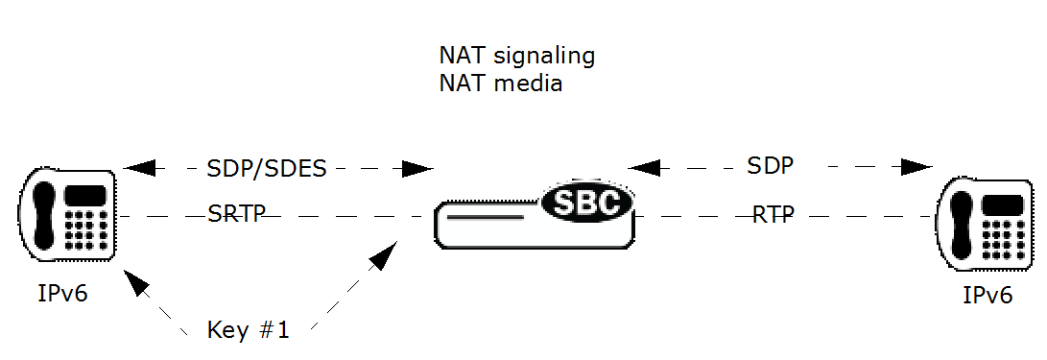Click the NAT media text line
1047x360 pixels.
[x=500, y=84]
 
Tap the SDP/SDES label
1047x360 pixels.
[x=267, y=169]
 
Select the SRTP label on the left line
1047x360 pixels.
[x=236, y=213]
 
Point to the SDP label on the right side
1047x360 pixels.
[x=770, y=166]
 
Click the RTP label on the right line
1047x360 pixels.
[x=773, y=215]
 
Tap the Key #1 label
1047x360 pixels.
[x=248, y=331]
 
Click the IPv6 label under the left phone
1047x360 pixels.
[x=59, y=293]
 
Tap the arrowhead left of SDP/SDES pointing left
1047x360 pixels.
[x=140, y=169]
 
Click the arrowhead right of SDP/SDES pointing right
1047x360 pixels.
[x=417, y=169]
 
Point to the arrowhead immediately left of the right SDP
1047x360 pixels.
[x=645, y=167]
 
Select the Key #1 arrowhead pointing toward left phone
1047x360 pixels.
[x=136, y=281]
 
